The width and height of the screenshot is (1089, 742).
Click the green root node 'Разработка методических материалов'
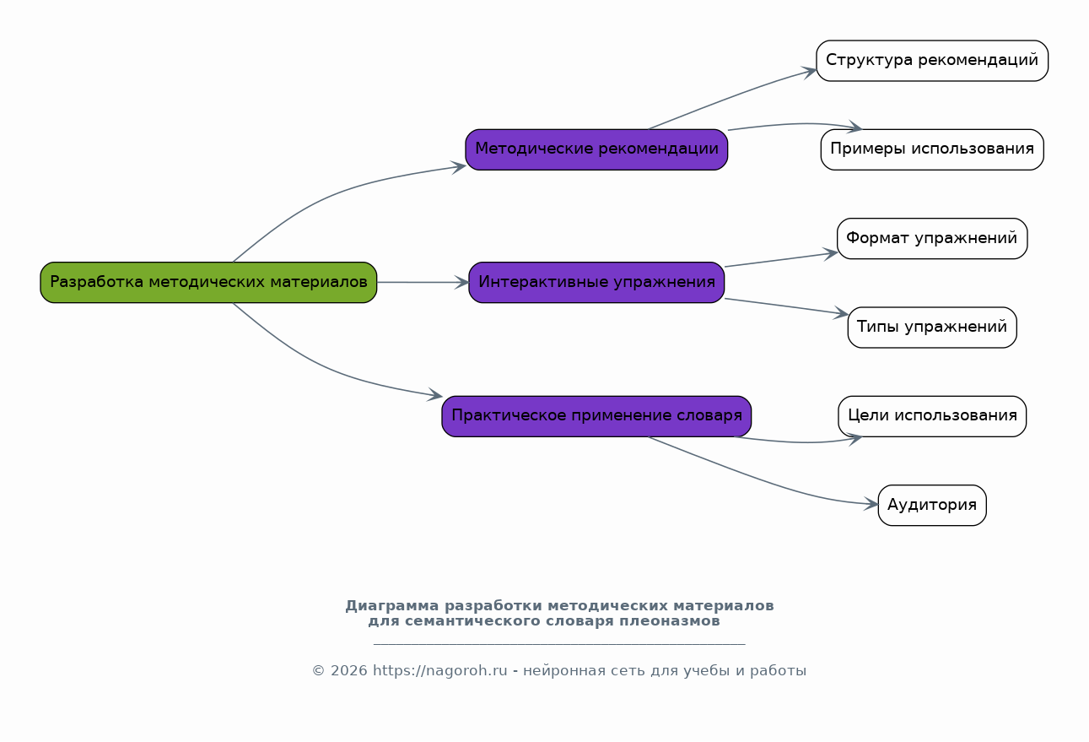point(208,283)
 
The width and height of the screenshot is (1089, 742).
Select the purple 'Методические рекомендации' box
point(596,149)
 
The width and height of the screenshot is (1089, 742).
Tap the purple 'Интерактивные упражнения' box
point(596,283)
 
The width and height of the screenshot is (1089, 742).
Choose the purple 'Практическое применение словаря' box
point(596,416)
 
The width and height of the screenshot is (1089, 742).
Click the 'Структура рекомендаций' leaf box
point(932,61)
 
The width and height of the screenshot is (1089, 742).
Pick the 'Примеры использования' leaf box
point(932,149)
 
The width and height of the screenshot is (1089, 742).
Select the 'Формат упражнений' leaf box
point(932,238)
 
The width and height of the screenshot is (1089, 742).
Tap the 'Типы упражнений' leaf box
point(932,328)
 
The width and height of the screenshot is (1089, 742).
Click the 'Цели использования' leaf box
point(932,416)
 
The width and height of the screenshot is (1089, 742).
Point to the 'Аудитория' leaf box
point(932,505)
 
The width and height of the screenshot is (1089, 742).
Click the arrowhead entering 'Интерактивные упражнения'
point(462,283)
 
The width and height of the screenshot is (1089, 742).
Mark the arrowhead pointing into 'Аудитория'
point(871,504)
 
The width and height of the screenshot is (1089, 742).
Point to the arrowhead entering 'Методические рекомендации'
point(459,167)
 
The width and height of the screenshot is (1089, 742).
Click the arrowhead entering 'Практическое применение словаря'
point(435,394)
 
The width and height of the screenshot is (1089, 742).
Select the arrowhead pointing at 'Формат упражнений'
point(830,253)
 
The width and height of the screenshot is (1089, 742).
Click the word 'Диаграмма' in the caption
point(392,606)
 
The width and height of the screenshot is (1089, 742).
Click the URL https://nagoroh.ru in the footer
point(440,671)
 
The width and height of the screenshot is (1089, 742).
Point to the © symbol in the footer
point(319,671)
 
